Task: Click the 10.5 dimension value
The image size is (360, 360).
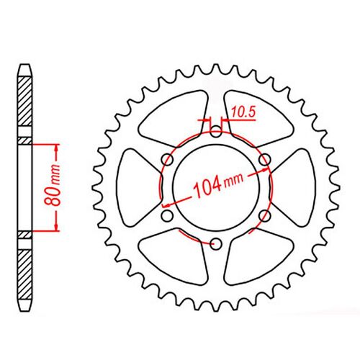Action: pyautogui.click(x=244, y=112)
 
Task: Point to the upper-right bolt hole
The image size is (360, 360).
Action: pyautogui.click(x=264, y=160)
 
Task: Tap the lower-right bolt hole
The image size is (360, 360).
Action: pyautogui.click(x=264, y=215)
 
